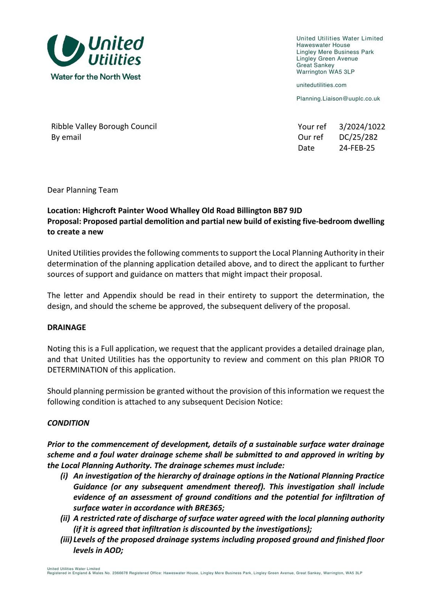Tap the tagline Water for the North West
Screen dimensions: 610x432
coord(95,77)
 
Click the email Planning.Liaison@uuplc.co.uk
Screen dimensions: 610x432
coord(338,98)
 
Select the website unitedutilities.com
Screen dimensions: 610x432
coord(321,85)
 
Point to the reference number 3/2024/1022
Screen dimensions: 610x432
coord(362,127)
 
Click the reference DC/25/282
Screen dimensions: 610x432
coord(358,137)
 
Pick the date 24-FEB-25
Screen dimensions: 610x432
coord(357,148)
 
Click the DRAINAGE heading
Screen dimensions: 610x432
coord(66,327)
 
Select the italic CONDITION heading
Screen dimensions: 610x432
coord(68,423)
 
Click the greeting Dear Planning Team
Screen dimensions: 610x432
coord(82,190)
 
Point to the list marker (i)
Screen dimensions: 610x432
coord(64,476)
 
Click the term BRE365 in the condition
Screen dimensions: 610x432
coord(209,508)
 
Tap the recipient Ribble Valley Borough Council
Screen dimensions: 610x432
coord(104,127)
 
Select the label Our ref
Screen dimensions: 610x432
coord(310,137)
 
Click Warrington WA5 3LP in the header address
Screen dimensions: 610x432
coord(326,72)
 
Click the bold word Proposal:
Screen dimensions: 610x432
coord(64,222)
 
